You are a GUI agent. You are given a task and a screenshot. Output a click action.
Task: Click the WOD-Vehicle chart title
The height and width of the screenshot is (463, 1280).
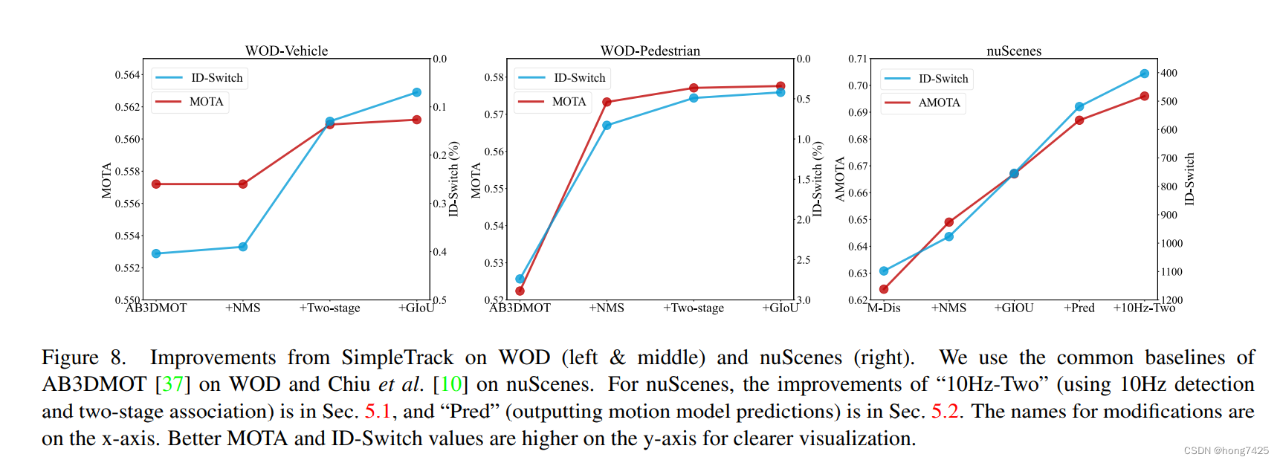(286, 51)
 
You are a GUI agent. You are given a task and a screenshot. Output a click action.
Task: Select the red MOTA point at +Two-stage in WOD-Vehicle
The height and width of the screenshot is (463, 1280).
(330, 125)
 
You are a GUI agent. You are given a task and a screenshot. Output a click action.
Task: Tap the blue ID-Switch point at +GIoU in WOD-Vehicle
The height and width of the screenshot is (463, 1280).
(416, 92)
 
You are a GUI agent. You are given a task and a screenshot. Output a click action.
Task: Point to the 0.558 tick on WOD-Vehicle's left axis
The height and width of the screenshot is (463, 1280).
(127, 171)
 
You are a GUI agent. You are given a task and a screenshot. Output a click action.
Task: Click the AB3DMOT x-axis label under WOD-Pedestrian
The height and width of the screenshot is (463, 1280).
(520, 308)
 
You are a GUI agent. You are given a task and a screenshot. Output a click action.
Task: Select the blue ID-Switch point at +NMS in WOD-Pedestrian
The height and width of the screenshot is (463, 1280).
(607, 126)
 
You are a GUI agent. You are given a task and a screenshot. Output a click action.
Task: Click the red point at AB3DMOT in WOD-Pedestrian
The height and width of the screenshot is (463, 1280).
(520, 291)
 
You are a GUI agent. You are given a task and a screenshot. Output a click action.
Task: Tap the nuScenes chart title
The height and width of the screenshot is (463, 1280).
(1014, 51)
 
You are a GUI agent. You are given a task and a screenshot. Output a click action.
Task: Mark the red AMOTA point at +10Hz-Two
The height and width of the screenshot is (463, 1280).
(1144, 97)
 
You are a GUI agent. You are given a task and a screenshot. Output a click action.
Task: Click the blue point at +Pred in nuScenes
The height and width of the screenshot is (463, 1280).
(1079, 107)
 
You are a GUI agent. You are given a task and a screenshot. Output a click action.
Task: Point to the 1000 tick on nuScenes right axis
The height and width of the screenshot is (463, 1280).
(1171, 243)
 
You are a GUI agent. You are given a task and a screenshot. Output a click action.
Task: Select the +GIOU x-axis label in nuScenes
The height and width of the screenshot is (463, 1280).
(1014, 308)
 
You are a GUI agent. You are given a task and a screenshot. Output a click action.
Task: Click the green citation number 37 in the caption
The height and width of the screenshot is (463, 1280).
(172, 384)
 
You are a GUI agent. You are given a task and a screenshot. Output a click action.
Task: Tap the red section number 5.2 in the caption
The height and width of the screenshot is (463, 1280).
(945, 411)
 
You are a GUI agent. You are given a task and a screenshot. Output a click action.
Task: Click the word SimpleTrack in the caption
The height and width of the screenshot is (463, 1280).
(397, 357)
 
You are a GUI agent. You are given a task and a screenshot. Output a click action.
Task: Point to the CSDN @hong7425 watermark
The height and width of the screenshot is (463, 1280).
(1226, 450)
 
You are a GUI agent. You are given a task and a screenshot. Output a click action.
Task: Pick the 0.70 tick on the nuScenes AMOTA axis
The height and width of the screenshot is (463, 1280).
(858, 85)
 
